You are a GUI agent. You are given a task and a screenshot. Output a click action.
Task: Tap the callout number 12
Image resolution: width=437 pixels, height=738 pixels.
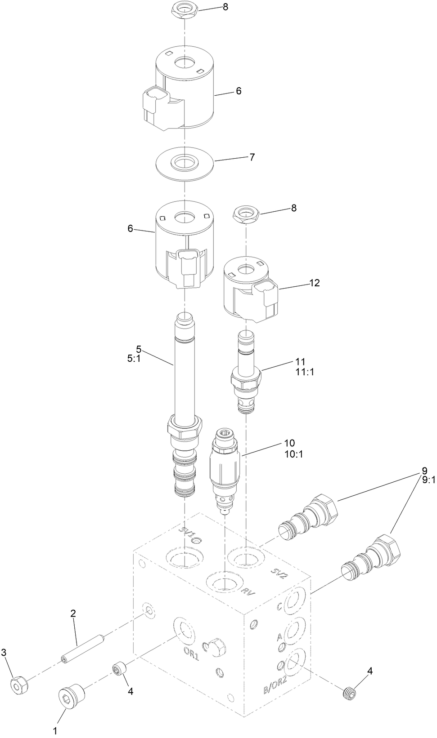314,283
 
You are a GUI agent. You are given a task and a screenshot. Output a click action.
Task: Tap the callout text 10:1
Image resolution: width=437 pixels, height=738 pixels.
293,454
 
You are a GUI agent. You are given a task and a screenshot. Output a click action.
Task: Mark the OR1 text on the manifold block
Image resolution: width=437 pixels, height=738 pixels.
191,653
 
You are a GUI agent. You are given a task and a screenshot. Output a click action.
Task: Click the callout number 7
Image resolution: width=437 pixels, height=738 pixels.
252,157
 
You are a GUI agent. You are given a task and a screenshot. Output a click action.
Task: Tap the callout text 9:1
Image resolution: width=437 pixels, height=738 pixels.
429,480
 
